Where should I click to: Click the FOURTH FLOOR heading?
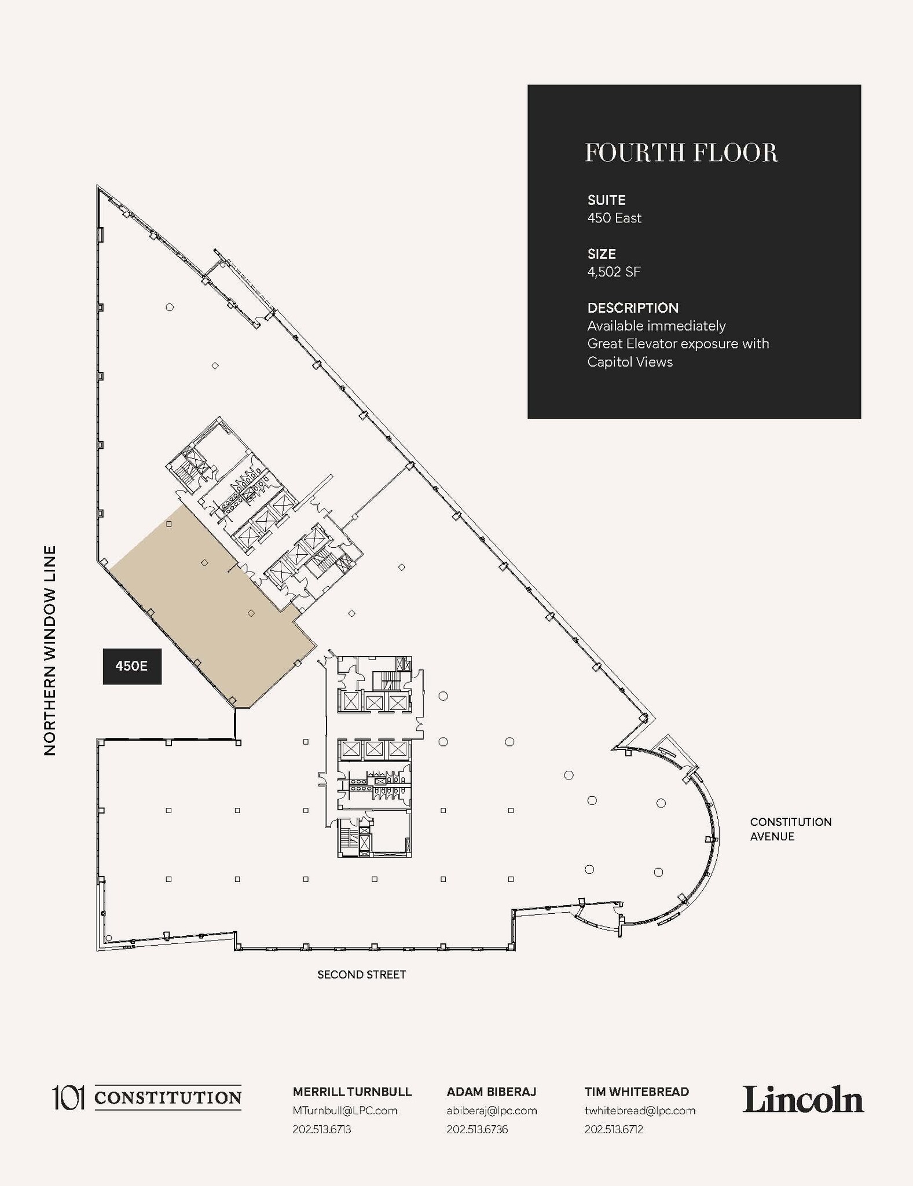[x=681, y=153]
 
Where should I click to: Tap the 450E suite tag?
[x=132, y=666]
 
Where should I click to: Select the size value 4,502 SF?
[x=614, y=272]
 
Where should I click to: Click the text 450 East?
[x=614, y=218]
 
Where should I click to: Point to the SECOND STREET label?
[x=361, y=975]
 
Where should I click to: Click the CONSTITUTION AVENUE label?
[x=790, y=829]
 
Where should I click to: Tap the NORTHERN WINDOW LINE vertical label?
[x=50, y=650]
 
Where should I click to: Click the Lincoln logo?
[x=802, y=1099]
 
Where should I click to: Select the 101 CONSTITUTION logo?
[x=147, y=1097]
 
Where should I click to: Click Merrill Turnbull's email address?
[x=344, y=1110]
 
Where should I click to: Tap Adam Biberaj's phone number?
[x=477, y=1129]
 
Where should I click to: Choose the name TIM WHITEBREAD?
[x=636, y=1092]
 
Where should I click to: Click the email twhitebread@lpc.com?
[x=640, y=1110]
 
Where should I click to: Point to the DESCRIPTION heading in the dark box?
[x=633, y=308]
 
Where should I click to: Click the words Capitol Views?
[x=630, y=362]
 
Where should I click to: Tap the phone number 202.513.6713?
[x=321, y=1129]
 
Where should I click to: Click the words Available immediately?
[x=656, y=325]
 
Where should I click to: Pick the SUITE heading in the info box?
[x=606, y=200]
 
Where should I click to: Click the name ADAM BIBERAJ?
[x=491, y=1092]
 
